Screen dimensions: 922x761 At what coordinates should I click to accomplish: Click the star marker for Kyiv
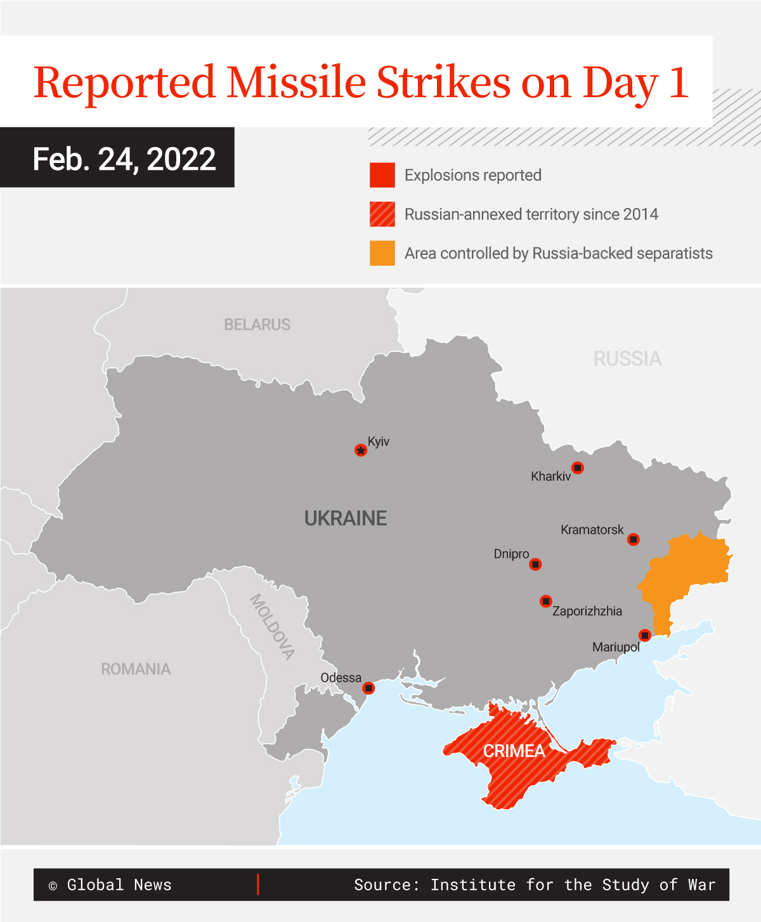tap(361, 450)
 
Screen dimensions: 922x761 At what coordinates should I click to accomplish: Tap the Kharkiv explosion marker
tap(577, 468)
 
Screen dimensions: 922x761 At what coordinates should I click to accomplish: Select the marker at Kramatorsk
tap(633, 540)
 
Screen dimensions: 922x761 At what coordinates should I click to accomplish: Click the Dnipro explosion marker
tap(535, 564)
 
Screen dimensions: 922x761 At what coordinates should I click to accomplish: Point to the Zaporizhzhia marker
tap(545, 601)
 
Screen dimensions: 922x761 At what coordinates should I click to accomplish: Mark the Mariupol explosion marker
tap(644, 635)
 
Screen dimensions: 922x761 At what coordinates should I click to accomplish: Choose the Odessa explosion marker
tap(368, 688)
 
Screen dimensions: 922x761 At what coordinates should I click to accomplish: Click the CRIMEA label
tap(514, 751)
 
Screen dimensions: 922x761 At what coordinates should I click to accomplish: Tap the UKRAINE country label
tap(346, 519)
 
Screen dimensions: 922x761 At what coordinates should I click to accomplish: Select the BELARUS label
tap(257, 325)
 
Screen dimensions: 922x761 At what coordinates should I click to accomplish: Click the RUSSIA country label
tap(627, 359)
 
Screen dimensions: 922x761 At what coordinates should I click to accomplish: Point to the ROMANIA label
tap(136, 669)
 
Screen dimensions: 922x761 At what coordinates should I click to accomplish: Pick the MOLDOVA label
tap(272, 627)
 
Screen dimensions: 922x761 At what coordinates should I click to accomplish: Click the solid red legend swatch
tap(382, 175)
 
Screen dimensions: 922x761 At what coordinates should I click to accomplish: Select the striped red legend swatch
tap(382, 214)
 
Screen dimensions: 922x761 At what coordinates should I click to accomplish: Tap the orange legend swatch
tap(382, 253)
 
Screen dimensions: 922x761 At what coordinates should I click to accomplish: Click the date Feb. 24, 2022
tap(124, 159)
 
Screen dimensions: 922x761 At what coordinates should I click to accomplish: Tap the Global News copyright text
tap(110, 885)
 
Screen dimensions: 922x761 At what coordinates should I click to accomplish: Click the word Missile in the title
tap(296, 82)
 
